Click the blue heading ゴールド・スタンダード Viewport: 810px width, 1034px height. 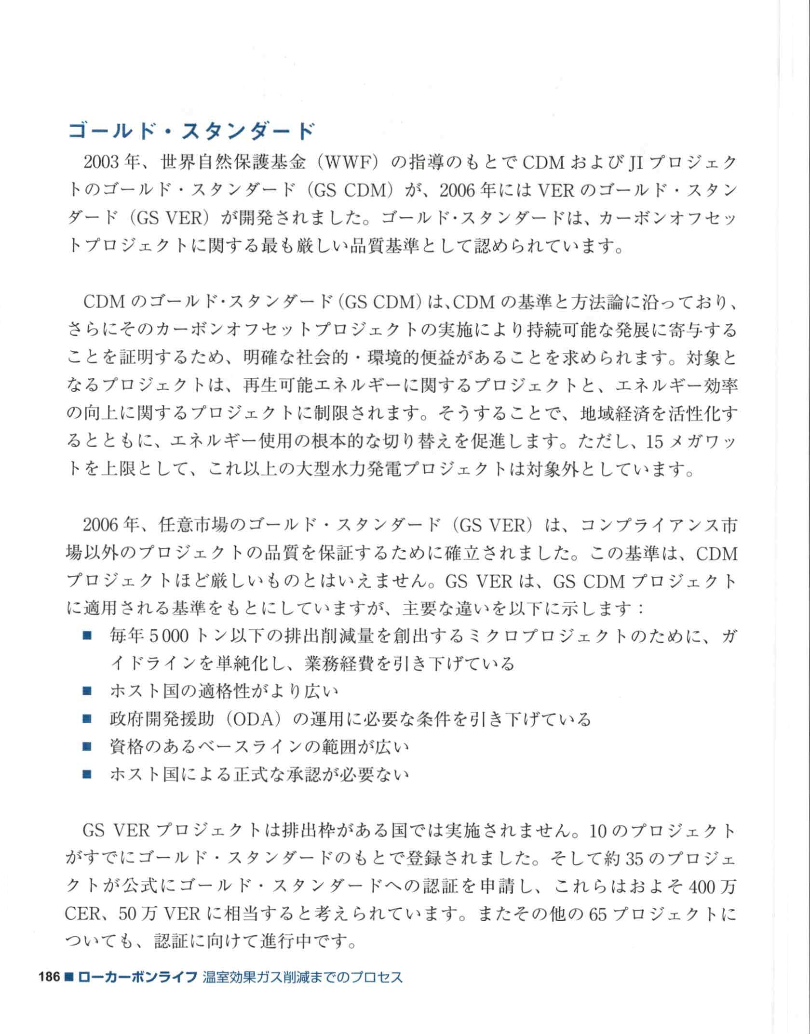pos(191,131)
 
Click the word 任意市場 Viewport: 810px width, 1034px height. pos(194,526)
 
